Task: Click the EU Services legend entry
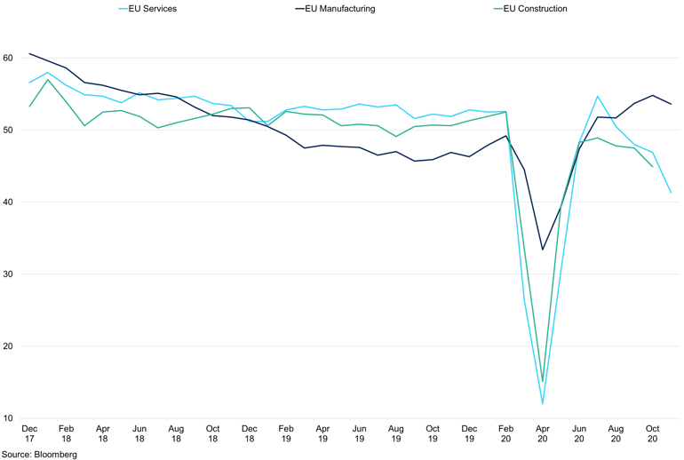(x=153, y=9)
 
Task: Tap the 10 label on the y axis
(x=7, y=418)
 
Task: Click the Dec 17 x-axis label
(x=29, y=432)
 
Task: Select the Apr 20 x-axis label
(x=542, y=432)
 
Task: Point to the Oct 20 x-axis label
(x=652, y=432)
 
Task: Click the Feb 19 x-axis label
(x=286, y=432)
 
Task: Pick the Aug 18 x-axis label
(x=176, y=432)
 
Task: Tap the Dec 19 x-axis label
(x=469, y=432)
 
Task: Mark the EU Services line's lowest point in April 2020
(x=542, y=404)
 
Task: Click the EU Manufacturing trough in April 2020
(x=542, y=249)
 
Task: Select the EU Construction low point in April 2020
(x=542, y=382)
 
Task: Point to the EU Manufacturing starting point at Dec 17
(x=29, y=53)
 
